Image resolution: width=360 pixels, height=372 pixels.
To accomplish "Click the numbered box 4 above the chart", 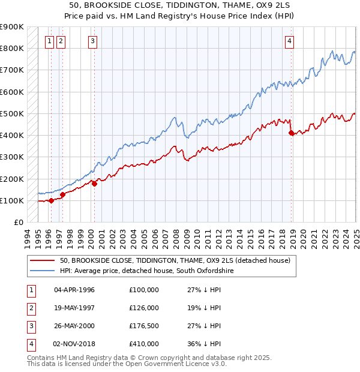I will coord(289,41).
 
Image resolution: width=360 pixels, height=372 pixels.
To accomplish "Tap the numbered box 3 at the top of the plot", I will coord(93,41).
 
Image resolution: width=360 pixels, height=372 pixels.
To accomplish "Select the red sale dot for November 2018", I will coord(292,133).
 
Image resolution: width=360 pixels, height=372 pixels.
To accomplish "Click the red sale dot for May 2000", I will coord(94,184).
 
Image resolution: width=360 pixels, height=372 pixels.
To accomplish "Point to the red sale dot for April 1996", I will coord(51,200).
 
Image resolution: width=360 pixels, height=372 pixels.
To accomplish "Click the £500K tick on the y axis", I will coord(12,113).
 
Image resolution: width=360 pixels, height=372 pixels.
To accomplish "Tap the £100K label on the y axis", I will coord(12,200).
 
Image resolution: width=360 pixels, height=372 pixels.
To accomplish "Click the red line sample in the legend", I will coord(41,261).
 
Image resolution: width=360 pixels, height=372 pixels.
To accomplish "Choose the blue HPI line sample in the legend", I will coord(41,271).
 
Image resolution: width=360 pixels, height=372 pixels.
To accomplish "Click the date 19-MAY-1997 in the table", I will coord(74,308).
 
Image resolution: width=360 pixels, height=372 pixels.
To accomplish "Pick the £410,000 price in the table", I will coord(144,344).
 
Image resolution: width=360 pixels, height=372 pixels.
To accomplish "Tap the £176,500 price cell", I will coord(144,326).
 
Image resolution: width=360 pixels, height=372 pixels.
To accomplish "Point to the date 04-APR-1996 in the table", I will coord(74,290).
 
